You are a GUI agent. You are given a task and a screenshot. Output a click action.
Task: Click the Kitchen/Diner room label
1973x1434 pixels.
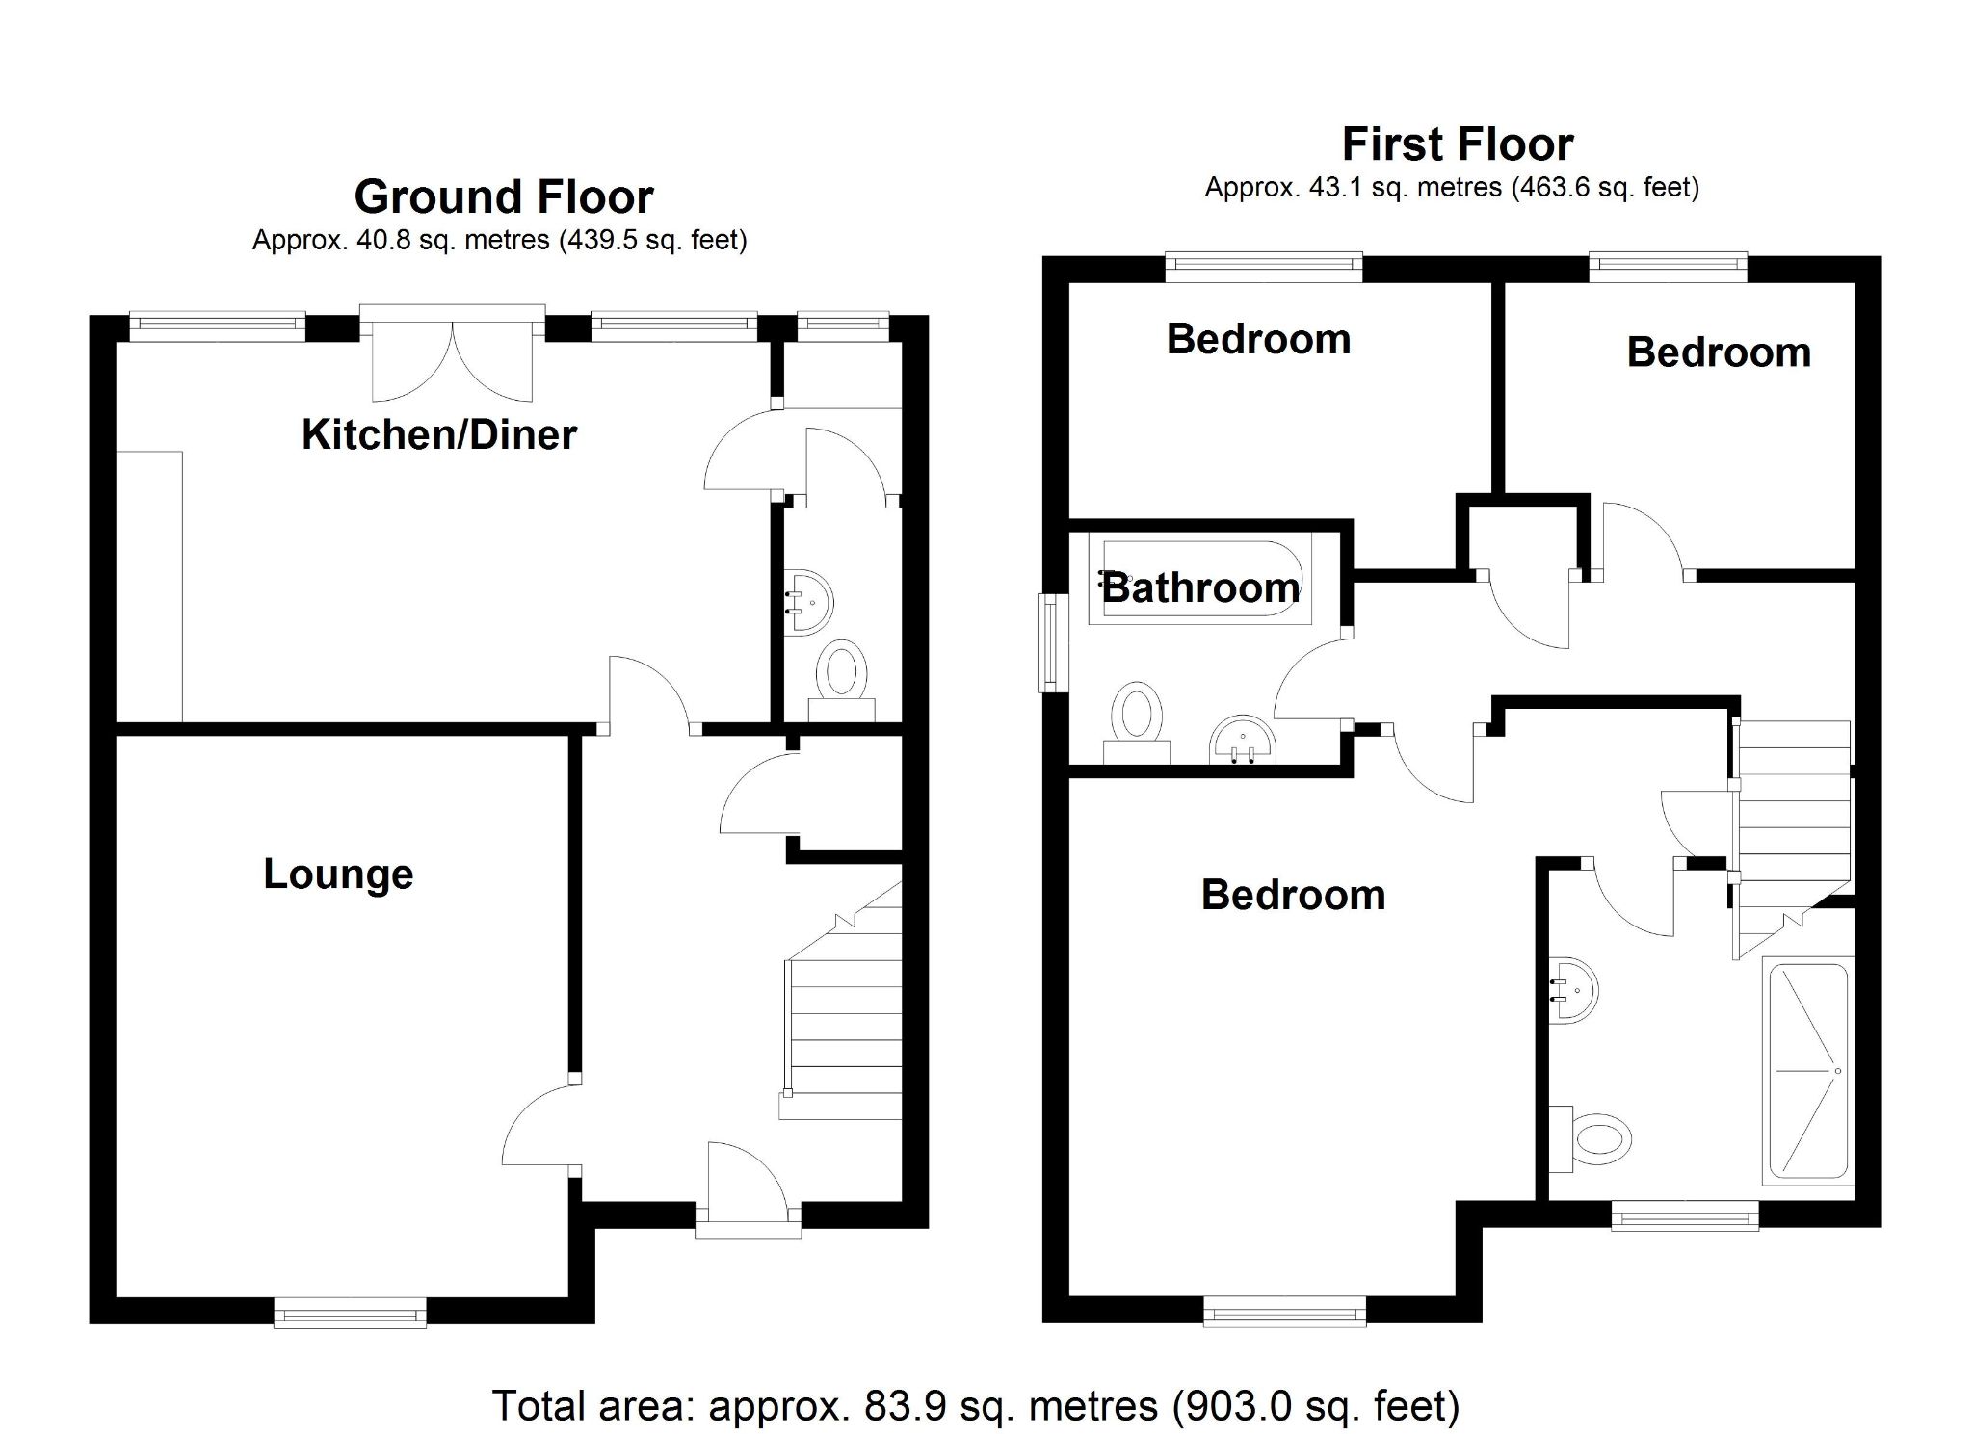click(x=438, y=434)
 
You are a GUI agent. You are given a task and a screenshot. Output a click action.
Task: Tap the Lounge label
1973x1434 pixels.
click(x=338, y=873)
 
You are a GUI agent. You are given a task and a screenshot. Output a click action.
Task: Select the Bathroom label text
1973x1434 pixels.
click(x=1200, y=587)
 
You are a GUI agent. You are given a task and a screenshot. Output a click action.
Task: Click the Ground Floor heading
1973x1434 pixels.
click(x=503, y=196)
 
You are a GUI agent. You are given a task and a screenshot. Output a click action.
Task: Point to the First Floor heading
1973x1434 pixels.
click(x=1457, y=144)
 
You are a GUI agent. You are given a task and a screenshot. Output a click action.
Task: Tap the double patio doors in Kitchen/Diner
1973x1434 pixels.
click(x=452, y=356)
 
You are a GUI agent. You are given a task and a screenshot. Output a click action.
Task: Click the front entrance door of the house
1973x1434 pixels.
click(x=748, y=1189)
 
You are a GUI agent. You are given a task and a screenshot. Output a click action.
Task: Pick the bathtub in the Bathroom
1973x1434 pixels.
click(x=1200, y=583)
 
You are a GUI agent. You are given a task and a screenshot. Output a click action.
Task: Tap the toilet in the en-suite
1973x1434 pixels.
click(x=1593, y=1140)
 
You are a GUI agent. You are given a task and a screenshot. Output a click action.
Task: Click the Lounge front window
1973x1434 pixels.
click(x=350, y=1312)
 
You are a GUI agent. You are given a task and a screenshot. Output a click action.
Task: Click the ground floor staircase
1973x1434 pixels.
click(x=844, y=1021)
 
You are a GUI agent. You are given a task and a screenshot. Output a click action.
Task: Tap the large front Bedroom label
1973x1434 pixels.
click(x=1292, y=895)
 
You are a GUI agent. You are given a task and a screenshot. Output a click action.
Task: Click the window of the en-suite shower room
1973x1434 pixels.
click(x=1684, y=1214)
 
